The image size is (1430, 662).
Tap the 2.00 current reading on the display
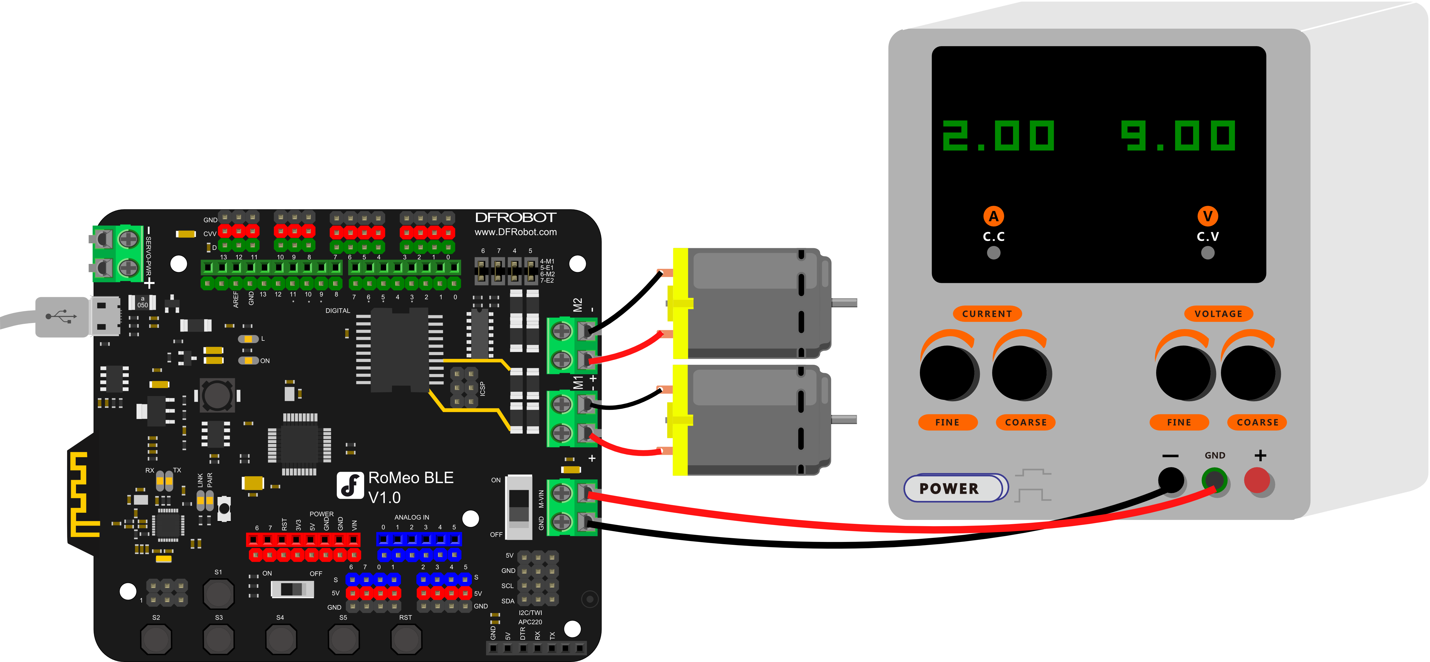(x=998, y=136)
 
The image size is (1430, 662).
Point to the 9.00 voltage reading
(x=1178, y=136)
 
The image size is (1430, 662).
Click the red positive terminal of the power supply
(x=1257, y=480)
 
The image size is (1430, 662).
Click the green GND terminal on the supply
(x=1214, y=480)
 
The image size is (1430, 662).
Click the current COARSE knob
(x=1020, y=372)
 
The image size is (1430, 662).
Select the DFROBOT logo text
(x=515, y=218)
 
